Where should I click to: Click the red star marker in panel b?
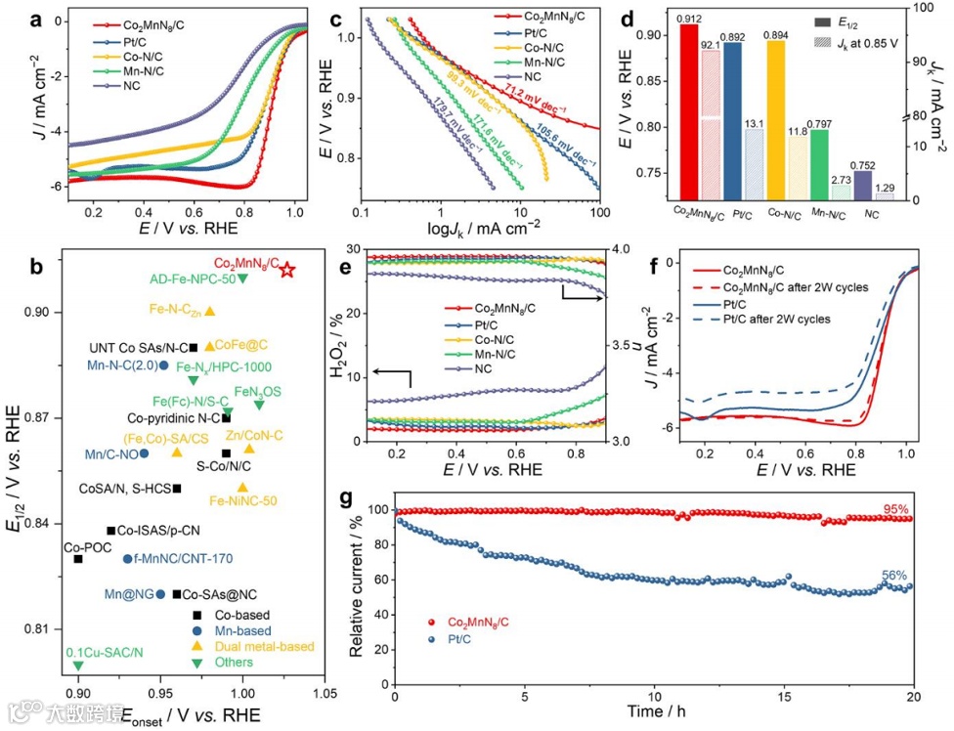(287, 269)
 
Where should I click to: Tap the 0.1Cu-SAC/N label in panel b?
(105, 652)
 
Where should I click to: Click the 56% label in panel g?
(894, 576)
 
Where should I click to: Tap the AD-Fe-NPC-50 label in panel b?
(193, 279)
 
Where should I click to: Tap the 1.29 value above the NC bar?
(885, 187)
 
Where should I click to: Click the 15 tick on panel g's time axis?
(784, 698)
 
